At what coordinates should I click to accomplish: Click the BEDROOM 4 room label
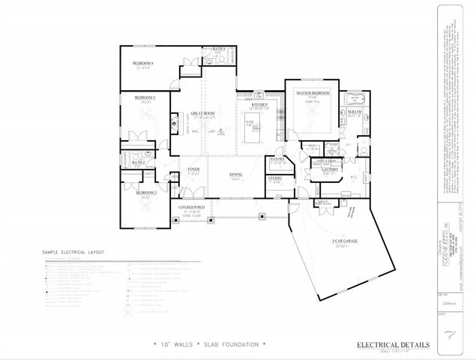click(143, 63)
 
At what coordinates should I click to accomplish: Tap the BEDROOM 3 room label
click(145, 97)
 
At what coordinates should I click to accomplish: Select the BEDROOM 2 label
click(145, 192)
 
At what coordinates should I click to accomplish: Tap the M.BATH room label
click(355, 111)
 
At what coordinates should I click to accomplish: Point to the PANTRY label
click(277, 159)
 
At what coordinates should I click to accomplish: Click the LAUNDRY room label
click(331, 169)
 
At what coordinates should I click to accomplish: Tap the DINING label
click(235, 175)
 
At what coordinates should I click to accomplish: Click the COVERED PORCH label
click(193, 206)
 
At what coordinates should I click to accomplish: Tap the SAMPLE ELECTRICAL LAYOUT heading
click(74, 252)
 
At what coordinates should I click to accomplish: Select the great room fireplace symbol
click(174, 123)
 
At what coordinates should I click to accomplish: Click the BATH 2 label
click(138, 162)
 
